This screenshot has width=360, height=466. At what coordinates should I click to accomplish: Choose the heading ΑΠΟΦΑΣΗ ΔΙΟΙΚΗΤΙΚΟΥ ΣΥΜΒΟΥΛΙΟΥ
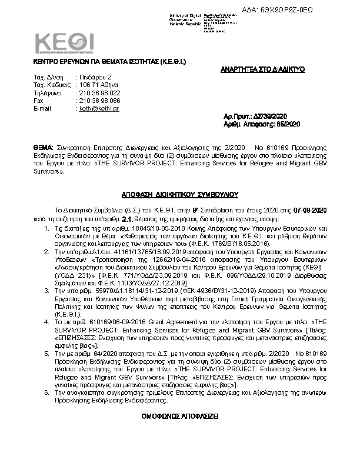tap(179, 192)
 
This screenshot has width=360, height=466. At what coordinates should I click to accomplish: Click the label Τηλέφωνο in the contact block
tap(48, 93)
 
